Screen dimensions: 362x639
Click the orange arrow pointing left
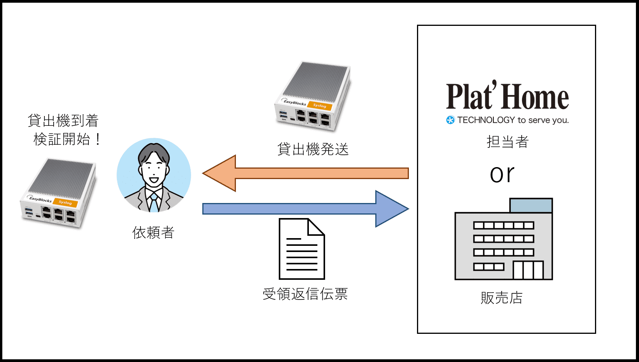click(305, 173)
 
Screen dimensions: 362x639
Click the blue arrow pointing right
click(305, 209)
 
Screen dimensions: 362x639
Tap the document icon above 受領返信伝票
click(302, 249)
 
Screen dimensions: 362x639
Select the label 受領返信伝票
click(305, 294)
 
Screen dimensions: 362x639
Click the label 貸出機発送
click(313, 149)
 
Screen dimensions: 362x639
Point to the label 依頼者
click(153, 233)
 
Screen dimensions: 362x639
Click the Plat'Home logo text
click(507, 96)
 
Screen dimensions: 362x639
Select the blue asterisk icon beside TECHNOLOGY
click(450, 120)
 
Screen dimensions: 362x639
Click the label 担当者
click(507, 142)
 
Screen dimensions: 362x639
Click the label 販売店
click(502, 298)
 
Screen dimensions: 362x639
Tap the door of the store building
click(528, 270)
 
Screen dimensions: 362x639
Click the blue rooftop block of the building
click(531, 205)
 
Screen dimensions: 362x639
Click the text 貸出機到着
click(63, 121)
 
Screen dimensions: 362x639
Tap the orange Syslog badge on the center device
click(320, 105)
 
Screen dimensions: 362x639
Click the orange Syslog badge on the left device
click(65, 202)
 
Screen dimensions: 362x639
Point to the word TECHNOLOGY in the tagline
click(486, 120)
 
